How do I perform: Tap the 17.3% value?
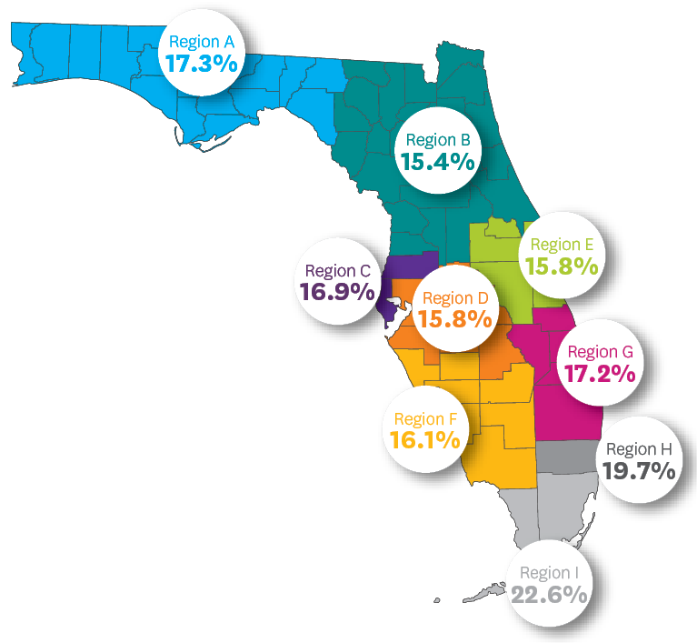coord(201,65)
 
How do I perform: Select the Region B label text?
coord(437,140)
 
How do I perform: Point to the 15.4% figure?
coord(437,163)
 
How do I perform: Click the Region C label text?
coord(337,270)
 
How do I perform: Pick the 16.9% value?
coord(337,292)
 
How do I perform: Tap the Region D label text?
coord(455,298)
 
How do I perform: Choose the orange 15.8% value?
coord(455,320)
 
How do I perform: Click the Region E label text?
coord(562,245)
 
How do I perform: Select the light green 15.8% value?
coord(562,267)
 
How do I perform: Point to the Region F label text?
coord(425,419)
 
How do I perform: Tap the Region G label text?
coord(599,352)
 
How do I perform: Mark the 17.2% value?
coord(599,374)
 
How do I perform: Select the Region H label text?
coord(639,448)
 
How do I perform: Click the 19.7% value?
coord(639,471)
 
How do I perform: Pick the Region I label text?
coord(548,573)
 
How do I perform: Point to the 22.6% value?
coord(548,596)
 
